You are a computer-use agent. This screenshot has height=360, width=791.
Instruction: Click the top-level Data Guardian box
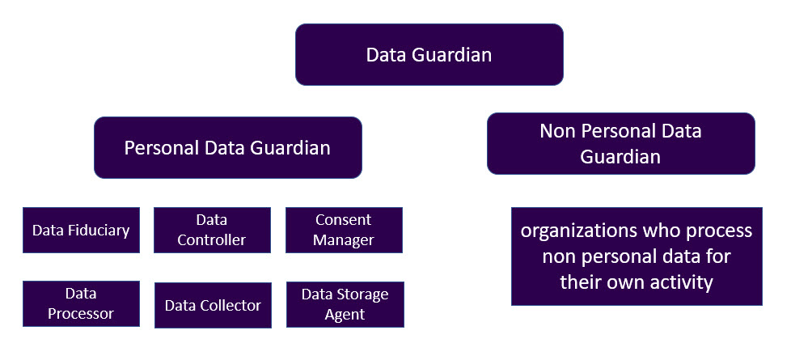(x=429, y=54)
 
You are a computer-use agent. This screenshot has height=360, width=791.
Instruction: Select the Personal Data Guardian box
(x=228, y=147)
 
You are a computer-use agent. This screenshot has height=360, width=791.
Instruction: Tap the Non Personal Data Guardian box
(x=621, y=143)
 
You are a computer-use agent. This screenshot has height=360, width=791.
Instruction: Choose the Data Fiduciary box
(x=81, y=231)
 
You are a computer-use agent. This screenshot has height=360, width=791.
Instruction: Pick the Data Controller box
(x=212, y=231)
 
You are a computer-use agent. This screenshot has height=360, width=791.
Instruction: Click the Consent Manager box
(x=344, y=231)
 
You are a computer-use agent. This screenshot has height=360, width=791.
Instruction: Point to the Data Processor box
(x=81, y=303)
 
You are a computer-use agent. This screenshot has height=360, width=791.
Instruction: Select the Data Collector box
(x=213, y=305)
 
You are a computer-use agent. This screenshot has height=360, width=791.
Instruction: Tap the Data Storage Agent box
(x=345, y=304)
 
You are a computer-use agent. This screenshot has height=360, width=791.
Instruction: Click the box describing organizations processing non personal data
(x=637, y=256)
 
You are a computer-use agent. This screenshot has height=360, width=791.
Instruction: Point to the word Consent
(x=344, y=220)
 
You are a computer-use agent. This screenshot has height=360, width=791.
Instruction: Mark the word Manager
(x=344, y=239)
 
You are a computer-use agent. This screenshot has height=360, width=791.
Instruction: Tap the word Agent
(x=345, y=315)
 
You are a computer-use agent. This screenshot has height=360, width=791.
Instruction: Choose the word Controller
(x=212, y=239)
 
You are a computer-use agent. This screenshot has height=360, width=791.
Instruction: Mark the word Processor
(x=81, y=314)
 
